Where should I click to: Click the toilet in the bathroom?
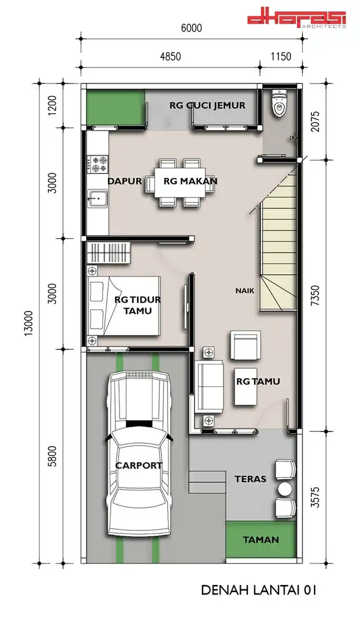coord(280,103)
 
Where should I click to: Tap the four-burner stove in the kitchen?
coord(97,164)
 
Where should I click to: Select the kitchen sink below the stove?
coord(97,199)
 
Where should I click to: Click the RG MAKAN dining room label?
coord(190,181)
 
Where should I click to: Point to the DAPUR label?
coord(124,181)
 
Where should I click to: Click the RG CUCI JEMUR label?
coord(208,105)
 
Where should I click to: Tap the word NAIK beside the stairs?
coord(245,291)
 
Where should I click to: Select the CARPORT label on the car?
coord(139,465)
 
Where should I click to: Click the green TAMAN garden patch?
coord(261,539)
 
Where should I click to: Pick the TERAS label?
coord(250,479)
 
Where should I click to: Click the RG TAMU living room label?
coord(258,381)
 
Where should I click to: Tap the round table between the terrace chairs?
coord(285,489)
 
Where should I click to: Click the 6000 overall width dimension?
coord(191,28)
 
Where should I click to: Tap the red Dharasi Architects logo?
coord(297,20)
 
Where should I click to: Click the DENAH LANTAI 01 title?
coord(259,590)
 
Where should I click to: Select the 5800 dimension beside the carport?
coord(52,456)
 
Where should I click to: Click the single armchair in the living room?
coord(245,345)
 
